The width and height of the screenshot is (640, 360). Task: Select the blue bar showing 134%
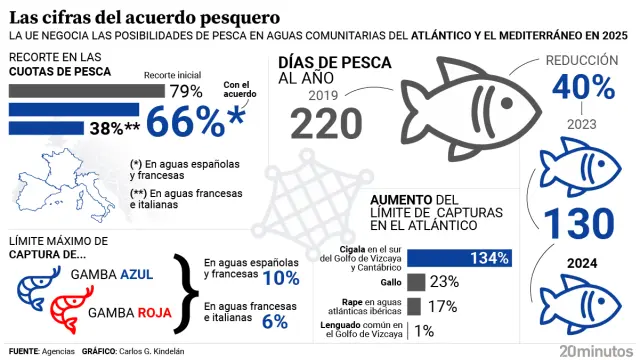(x=460, y=258)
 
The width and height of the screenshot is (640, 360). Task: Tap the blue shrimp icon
(x=36, y=288)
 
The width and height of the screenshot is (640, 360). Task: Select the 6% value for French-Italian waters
(x=274, y=321)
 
